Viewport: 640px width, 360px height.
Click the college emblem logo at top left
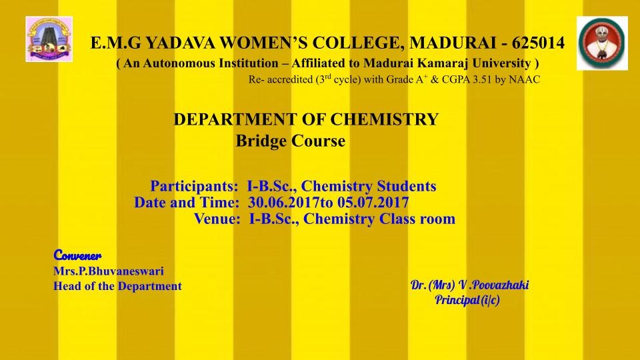tap(49, 39)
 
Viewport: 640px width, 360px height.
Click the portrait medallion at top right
tap(602, 43)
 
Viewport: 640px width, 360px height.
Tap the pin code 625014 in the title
tap(539, 43)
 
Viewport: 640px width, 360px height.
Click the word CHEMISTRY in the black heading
tap(384, 119)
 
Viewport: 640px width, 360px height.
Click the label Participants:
tap(194, 186)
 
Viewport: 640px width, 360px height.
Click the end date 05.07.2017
tap(373, 203)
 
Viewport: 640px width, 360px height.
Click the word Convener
tap(77, 255)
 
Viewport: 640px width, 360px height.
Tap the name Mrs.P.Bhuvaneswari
tap(109, 271)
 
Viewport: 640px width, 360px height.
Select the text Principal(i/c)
tap(467, 300)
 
